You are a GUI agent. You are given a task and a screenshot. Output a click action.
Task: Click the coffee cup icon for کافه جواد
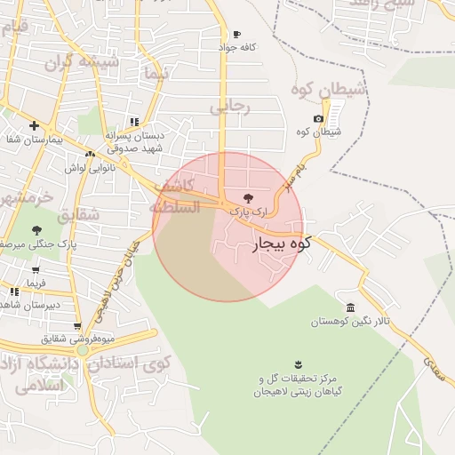[235, 35]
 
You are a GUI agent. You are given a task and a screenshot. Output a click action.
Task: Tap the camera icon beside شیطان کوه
[319, 119]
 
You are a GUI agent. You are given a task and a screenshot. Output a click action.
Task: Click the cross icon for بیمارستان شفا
[34, 126]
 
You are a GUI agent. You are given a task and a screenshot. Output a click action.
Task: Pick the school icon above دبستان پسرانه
[134, 123]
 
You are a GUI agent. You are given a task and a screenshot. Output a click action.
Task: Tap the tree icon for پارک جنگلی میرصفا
[36, 230]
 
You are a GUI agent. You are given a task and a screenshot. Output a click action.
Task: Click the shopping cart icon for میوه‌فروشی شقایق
[78, 326]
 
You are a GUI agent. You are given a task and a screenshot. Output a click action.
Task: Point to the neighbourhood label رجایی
[231, 107]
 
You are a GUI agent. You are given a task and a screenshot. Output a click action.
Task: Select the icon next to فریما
[13, 291]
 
